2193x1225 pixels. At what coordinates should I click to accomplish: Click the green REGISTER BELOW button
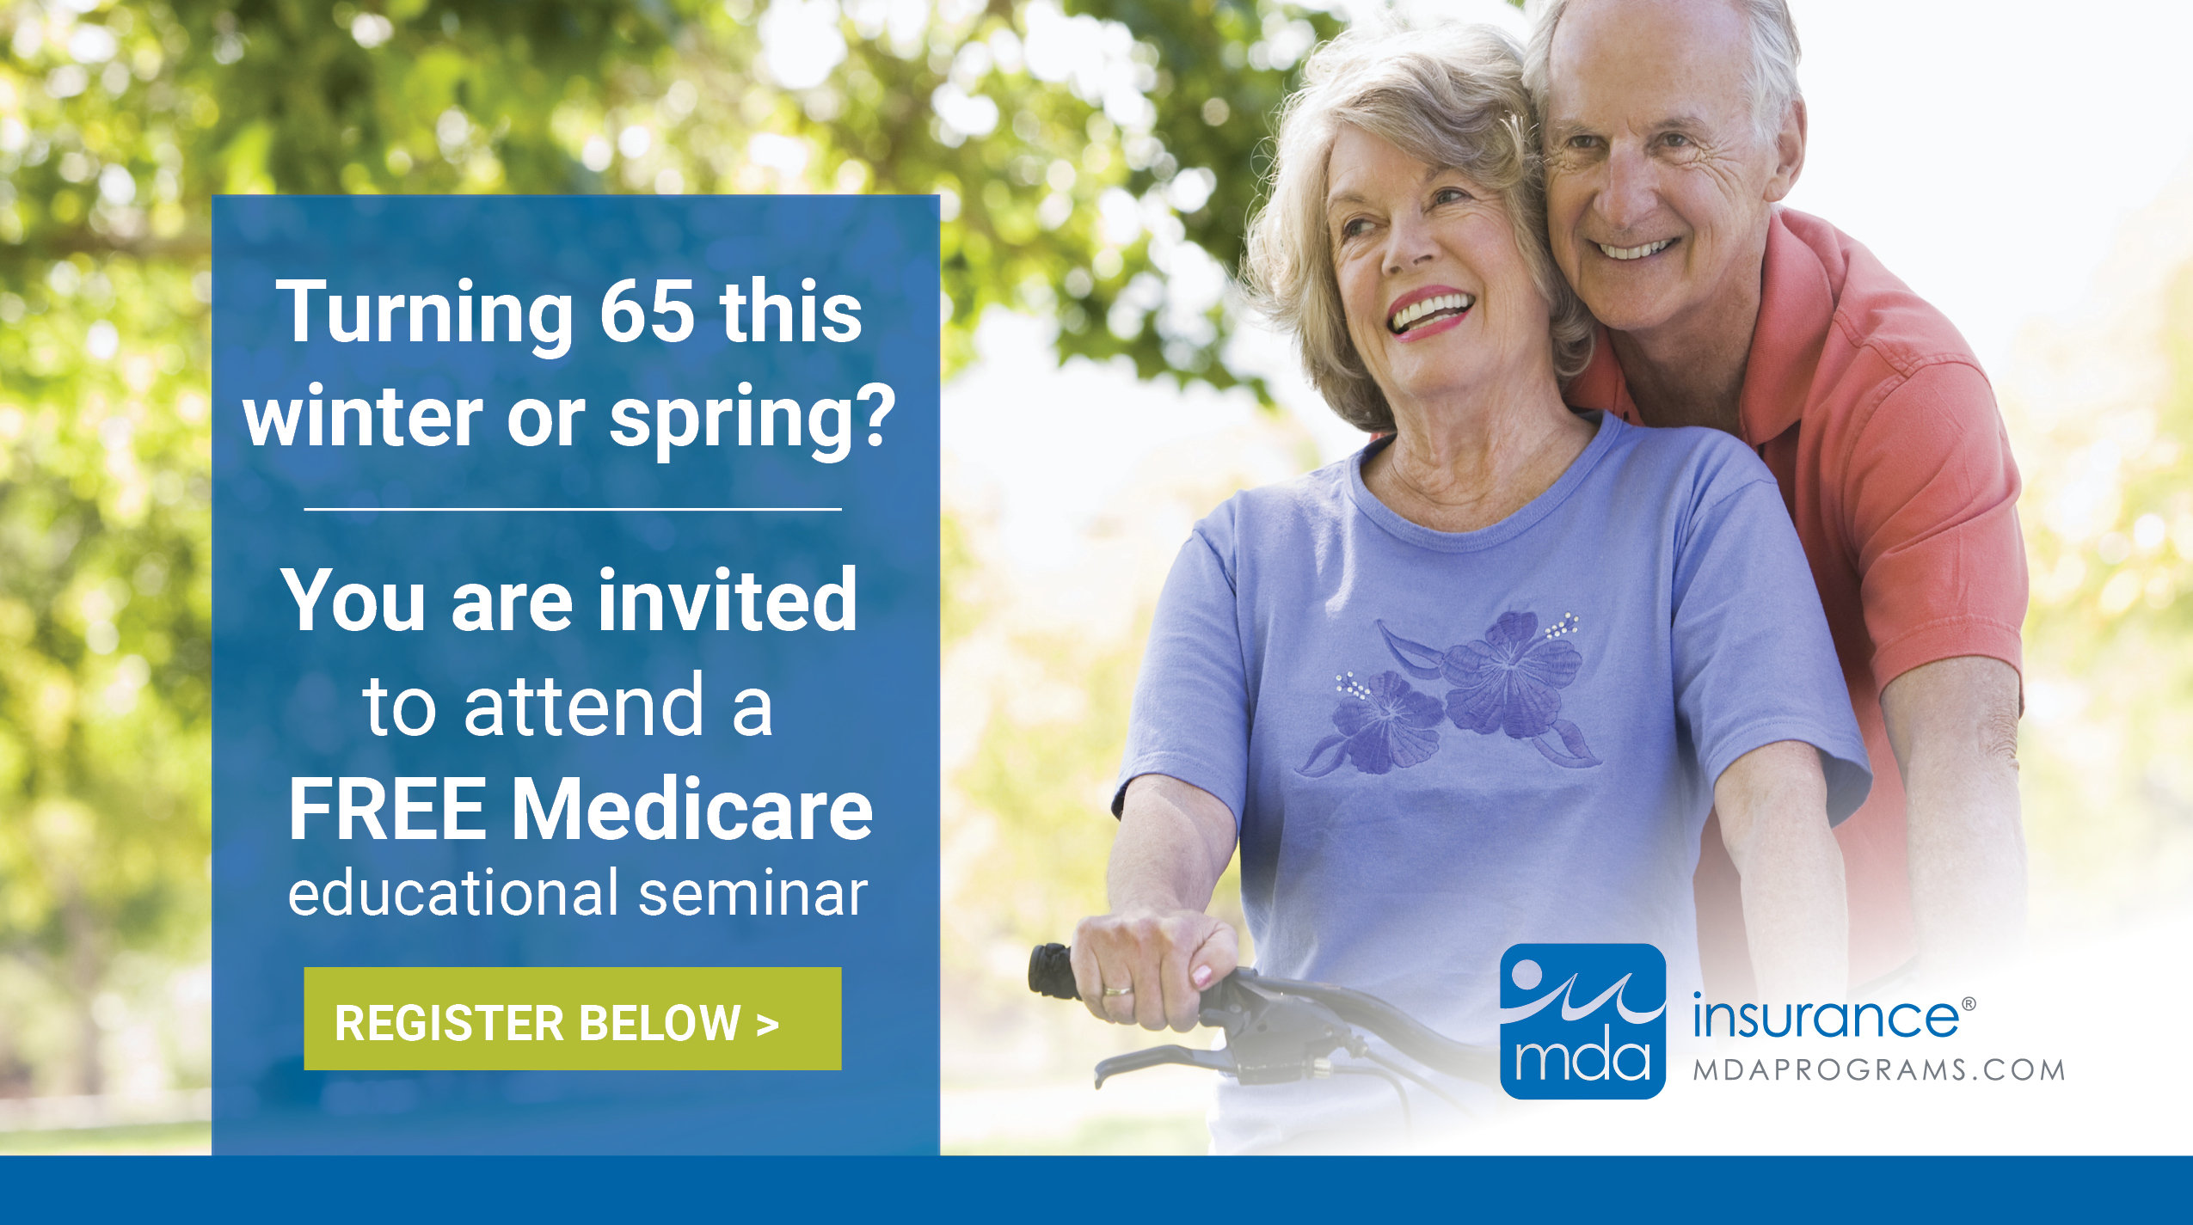[x=572, y=1019]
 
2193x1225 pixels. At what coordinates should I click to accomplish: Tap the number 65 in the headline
[x=646, y=311]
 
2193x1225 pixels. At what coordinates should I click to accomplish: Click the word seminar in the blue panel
[x=752, y=894]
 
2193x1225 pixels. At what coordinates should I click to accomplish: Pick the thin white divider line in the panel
[x=572, y=509]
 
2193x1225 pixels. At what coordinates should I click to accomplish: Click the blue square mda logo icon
[x=1582, y=1020]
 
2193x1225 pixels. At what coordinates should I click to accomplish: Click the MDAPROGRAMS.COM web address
[x=1879, y=1070]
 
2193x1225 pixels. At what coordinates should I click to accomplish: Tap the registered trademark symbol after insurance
[x=1969, y=1003]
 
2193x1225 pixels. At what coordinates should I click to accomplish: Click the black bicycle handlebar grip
[x=1051, y=970]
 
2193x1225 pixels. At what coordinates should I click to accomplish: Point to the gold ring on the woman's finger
[x=1117, y=990]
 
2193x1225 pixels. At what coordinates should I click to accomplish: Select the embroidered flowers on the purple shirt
[x=1453, y=696]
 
